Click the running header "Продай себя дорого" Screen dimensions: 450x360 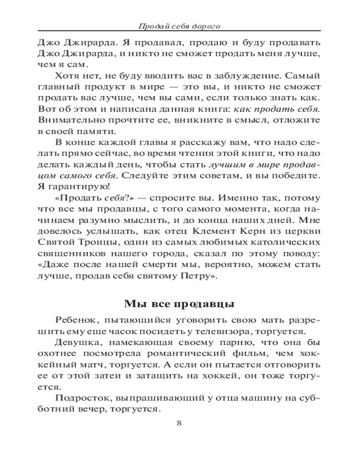(x=180, y=26)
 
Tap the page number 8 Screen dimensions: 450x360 (x=179, y=423)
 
